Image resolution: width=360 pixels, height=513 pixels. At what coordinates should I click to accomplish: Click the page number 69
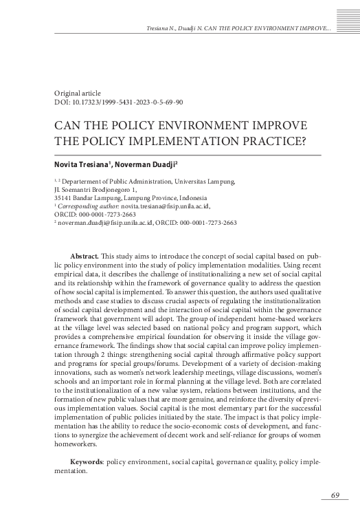(x=335, y=496)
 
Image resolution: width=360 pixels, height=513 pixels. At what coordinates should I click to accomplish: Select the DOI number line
(x=118, y=102)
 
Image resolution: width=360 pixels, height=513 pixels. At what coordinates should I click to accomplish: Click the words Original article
(x=77, y=93)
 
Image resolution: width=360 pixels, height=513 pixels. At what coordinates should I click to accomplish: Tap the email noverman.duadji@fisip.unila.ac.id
(x=105, y=223)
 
